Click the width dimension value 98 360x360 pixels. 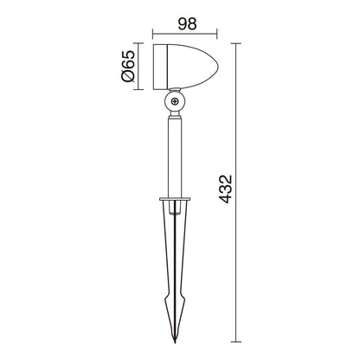coord(187,24)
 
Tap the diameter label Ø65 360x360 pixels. coord(128,67)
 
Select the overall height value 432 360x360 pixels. coord(225,189)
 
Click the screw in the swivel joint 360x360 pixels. coord(175,101)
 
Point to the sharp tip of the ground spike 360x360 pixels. coord(175,342)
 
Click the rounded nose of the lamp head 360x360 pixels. coord(216,67)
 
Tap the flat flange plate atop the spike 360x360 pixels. coord(175,199)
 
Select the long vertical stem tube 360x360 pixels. coord(175,158)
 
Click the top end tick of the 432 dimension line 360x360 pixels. coord(236,43)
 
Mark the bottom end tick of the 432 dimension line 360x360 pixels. coord(236,342)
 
